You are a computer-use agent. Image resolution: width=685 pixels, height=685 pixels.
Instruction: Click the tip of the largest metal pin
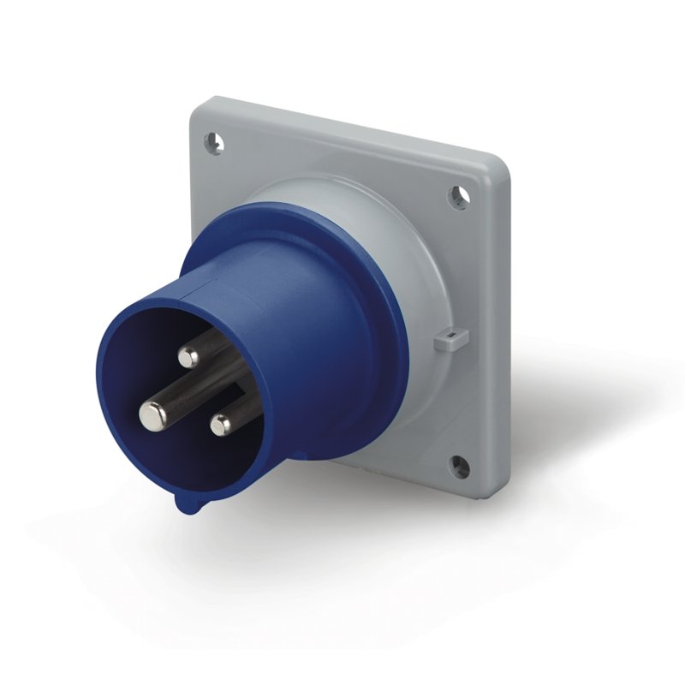point(152,415)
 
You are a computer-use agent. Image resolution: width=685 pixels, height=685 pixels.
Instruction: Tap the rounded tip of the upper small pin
point(188,357)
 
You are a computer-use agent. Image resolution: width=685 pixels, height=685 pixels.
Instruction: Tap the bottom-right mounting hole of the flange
point(459,467)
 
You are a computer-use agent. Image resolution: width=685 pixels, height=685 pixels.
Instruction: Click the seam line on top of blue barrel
point(248,283)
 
